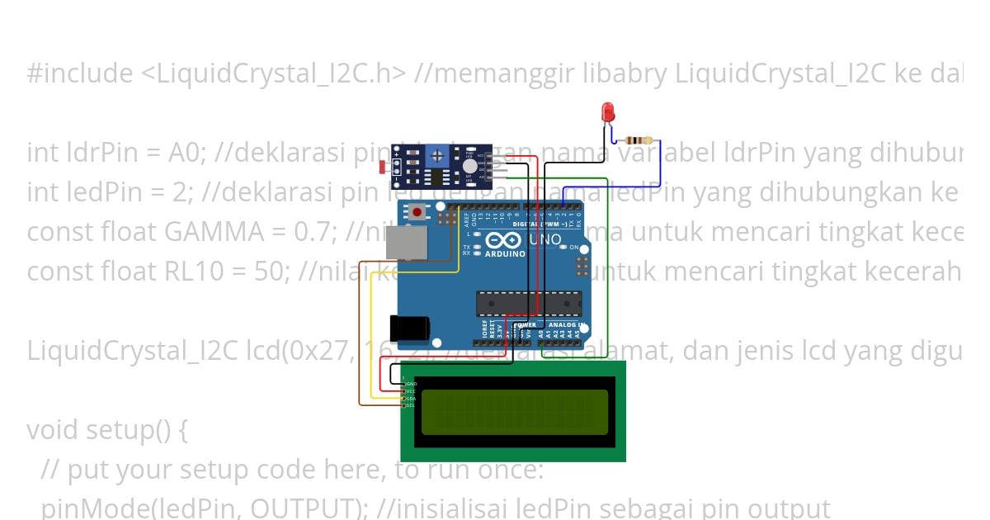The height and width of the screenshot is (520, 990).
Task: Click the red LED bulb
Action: pos(608,111)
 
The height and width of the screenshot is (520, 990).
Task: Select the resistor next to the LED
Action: pos(639,140)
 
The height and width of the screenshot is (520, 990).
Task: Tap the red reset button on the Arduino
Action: pos(419,212)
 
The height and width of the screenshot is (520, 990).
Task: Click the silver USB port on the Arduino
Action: pos(409,245)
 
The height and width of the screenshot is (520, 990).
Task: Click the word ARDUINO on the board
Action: pos(505,253)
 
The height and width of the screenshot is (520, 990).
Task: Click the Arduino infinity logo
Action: pos(504,240)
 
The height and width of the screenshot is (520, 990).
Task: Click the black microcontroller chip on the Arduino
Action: pos(528,304)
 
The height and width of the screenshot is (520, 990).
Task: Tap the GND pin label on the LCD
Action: pos(411,384)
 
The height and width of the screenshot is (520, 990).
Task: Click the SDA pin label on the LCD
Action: pos(410,398)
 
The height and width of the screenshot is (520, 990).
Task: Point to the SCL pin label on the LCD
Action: pos(410,405)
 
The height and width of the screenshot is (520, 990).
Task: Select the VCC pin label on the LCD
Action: pos(410,391)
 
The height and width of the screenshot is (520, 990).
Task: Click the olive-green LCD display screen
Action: pos(515,412)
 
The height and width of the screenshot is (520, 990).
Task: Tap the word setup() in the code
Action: pos(125,430)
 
